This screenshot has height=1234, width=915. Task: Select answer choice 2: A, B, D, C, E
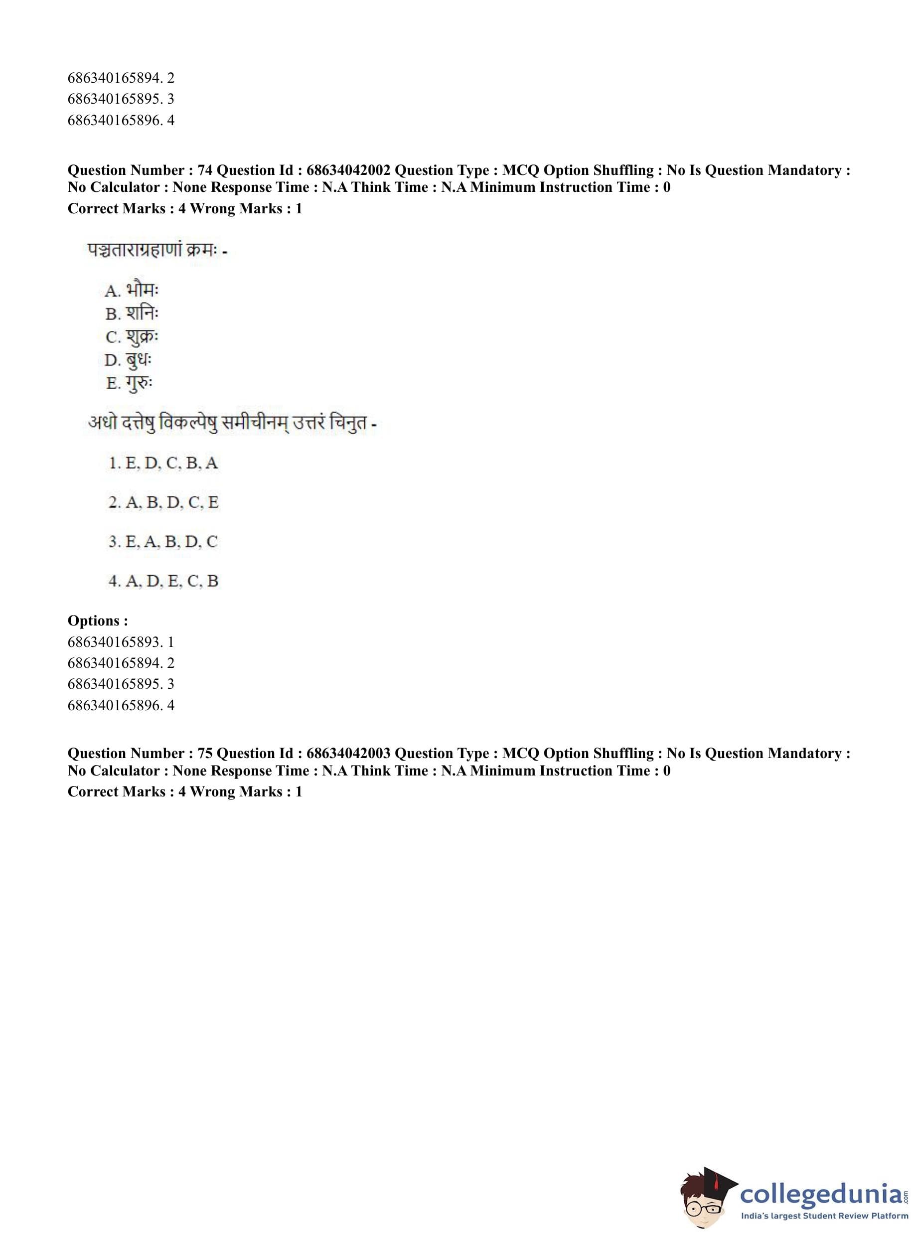163,502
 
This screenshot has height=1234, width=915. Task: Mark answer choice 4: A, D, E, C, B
163,581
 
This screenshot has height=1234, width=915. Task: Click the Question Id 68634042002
348,170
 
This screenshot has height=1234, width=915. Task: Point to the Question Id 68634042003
348,753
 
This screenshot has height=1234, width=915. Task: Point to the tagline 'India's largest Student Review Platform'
824,1216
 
